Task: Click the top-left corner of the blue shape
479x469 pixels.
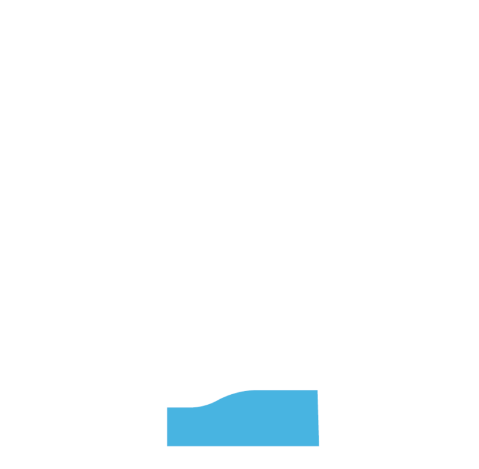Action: [x=167, y=407]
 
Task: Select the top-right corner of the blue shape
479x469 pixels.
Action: [x=319, y=390]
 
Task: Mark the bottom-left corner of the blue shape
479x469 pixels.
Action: [x=167, y=445]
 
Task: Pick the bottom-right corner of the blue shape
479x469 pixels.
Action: [x=319, y=445]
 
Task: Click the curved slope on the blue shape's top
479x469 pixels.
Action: [x=218, y=398]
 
